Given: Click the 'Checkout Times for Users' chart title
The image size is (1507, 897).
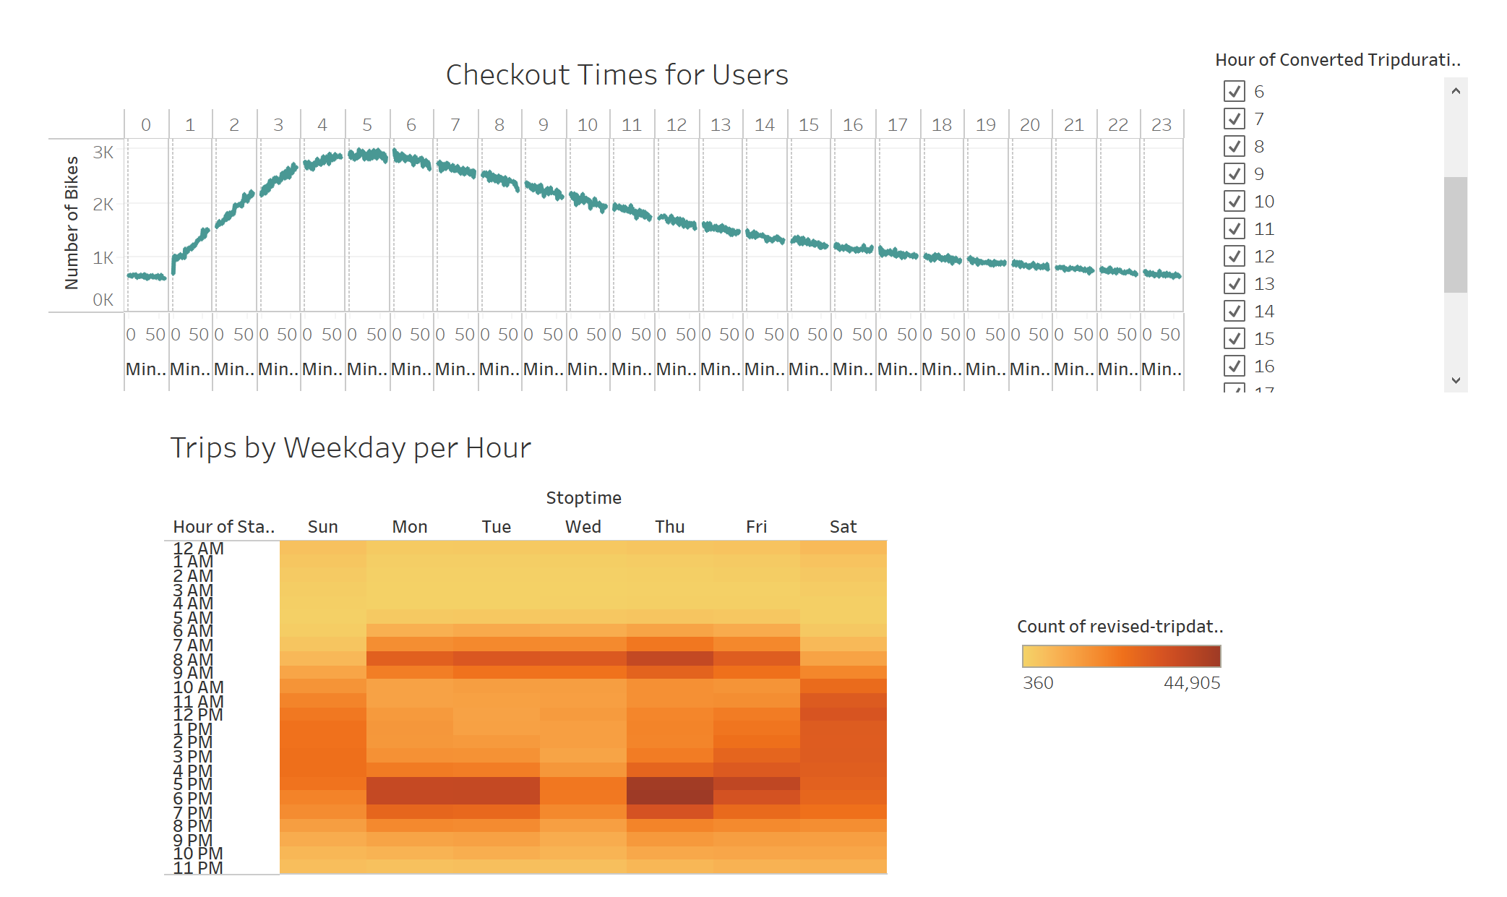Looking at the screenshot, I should click(x=617, y=74).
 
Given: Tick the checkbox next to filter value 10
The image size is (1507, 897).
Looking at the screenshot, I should click(x=1235, y=201).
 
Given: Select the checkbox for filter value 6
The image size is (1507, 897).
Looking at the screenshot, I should click(x=1235, y=91).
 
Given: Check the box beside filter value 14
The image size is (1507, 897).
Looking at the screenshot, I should click(x=1235, y=311).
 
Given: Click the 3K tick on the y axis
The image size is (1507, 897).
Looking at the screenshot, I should click(x=103, y=153).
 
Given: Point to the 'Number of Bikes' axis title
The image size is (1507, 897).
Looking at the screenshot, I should click(x=71, y=223).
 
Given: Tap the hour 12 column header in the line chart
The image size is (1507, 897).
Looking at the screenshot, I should click(x=677, y=125).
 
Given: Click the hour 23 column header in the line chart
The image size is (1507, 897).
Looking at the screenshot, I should click(x=1162, y=125).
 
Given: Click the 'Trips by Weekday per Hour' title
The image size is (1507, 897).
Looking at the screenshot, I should click(x=351, y=448).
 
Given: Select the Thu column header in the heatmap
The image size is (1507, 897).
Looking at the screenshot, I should click(x=670, y=527).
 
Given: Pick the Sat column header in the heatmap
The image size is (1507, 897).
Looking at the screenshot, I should click(x=843, y=527).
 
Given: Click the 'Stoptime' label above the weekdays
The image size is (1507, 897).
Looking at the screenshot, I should click(x=583, y=498).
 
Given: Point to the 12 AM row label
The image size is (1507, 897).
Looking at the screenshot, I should click(x=199, y=549).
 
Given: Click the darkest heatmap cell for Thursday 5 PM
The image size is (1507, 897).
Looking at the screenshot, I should click(x=670, y=784).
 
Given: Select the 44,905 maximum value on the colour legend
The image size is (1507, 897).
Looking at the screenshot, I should click(x=1191, y=683).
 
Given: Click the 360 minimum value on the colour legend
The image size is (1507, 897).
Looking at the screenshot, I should click(x=1038, y=683).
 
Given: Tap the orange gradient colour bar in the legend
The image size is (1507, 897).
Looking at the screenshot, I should click(x=1121, y=656).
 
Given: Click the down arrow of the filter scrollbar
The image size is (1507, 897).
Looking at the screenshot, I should click(x=1456, y=380).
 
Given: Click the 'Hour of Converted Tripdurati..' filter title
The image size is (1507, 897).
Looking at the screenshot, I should click(x=1338, y=60).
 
